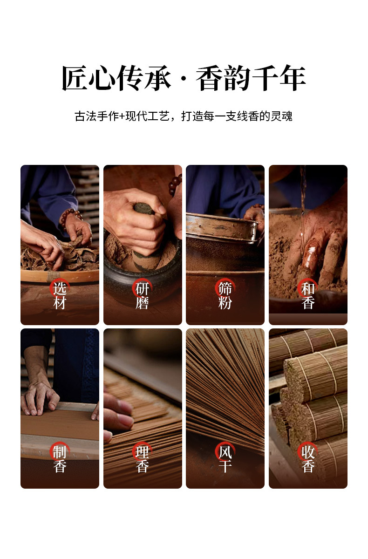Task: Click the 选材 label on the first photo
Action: coord(60,295)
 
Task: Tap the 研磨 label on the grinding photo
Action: coord(142,295)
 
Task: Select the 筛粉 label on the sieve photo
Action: coord(225,295)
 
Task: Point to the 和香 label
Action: coord(308,295)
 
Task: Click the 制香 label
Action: coord(60,459)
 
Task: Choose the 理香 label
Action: coord(142,459)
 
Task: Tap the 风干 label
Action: coord(225,459)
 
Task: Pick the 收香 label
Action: coord(308,459)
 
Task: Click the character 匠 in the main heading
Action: coord(75,78)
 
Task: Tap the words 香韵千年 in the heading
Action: coord(251,78)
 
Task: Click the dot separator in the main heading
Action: coord(184,79)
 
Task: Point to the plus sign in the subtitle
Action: coord(122,116)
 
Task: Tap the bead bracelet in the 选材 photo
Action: coord(71,217)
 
